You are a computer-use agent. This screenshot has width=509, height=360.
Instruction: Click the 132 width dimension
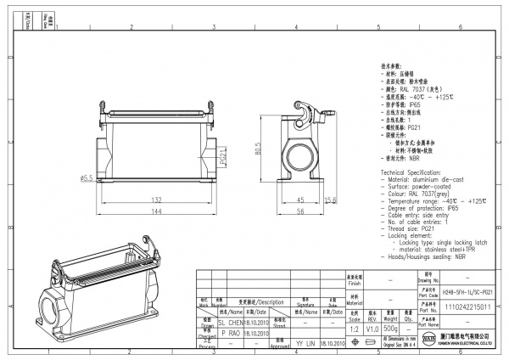tap(156, 200)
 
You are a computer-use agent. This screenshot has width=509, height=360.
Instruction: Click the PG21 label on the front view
tap(223, 158)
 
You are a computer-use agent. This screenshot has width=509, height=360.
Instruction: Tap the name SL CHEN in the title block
tap(232, 323)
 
